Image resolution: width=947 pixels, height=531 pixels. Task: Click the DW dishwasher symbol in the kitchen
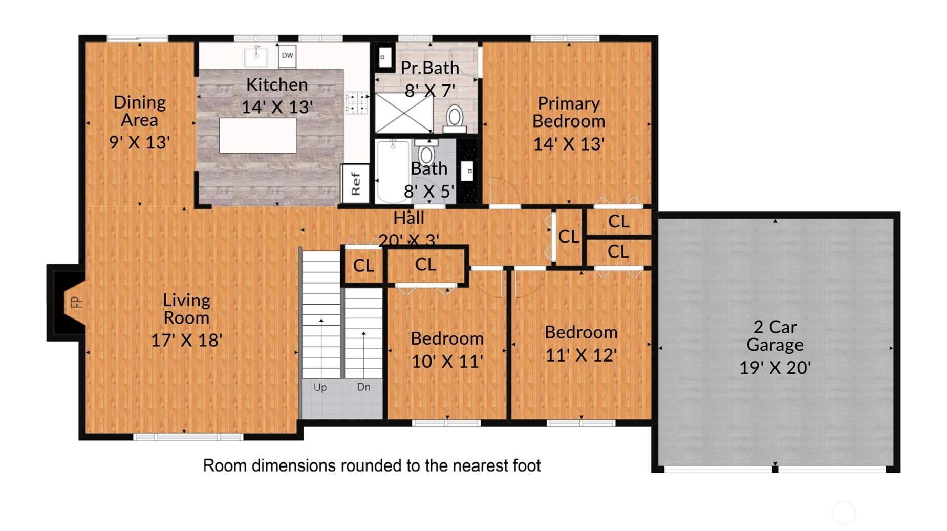(x=287, y=55)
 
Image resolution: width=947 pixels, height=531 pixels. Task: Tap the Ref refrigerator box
(x=355, y=183)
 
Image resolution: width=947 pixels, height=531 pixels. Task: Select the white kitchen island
(x=258, y=135)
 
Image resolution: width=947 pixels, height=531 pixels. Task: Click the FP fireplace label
(x=76, y=302)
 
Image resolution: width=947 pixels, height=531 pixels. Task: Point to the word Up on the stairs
(x=320, y=387)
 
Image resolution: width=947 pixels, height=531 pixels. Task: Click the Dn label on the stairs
(x=363, y=387)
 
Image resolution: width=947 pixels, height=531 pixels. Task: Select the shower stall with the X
(x=404, y=113)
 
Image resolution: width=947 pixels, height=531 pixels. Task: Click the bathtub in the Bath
(x=393, y=172)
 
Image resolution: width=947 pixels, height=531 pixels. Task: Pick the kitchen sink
(x=256, y=56)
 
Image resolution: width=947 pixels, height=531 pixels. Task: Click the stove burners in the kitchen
(x=356, y=102)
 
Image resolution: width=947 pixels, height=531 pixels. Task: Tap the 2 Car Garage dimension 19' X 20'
(x=774, y=367)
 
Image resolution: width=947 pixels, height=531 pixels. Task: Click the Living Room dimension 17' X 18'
(x=186, y=340)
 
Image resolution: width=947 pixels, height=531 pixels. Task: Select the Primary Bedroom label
(x=569, y=112)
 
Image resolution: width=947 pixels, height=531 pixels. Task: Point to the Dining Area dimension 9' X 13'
(x=139, y=142)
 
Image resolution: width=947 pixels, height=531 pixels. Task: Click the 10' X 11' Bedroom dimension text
(x=447, y=361)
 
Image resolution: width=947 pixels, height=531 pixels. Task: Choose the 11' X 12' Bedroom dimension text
(x=581, y=355)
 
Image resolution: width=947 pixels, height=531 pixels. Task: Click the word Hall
(x=408, y=218)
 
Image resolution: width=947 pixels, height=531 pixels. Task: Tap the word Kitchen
(x=277, y=84)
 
